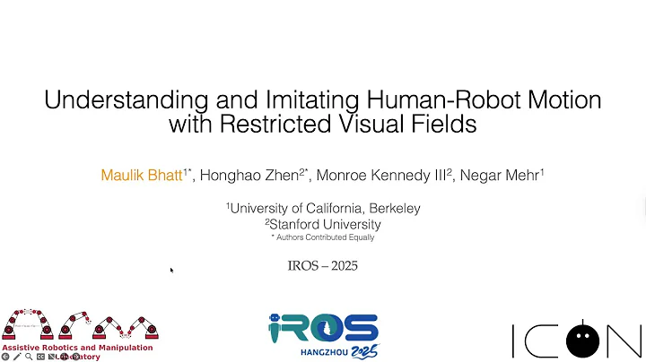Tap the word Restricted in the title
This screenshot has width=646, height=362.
269,124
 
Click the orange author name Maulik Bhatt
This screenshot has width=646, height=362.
142,175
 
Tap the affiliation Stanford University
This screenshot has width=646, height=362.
324,224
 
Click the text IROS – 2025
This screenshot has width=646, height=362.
322,266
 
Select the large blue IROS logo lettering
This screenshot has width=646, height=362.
323,328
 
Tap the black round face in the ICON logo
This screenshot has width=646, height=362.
584,339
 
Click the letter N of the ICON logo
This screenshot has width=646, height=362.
624,340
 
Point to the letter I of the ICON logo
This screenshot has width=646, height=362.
514,340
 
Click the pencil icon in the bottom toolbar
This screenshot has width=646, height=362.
17,357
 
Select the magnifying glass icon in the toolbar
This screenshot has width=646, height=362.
29,357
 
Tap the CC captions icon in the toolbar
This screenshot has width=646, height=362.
40,357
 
